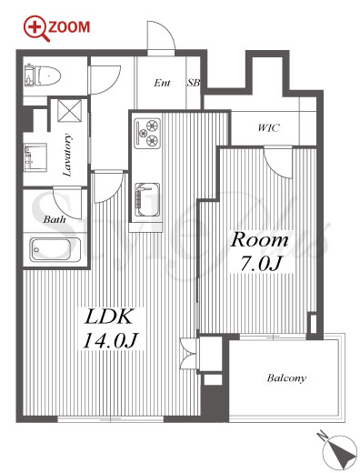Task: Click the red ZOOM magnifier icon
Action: [x=36, y=28]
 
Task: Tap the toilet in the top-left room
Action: [x=44, y=75]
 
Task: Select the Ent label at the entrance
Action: [x=162, y=83]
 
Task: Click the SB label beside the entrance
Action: [x=194, y=83]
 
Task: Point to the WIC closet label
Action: [x=268, y=128]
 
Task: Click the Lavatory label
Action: [x=67, y=155]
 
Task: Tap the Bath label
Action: [x=55, y=219]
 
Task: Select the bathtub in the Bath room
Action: [x=55, y=249]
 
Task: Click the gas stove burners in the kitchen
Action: [x=147, y=133]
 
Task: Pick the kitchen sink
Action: [x=147, y=199]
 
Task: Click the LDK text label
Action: [x=109, y=317]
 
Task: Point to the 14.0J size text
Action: [x=111, y=340]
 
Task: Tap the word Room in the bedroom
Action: [x=259, y=240]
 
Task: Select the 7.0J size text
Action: [x=261, y=263]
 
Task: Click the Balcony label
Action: [x=286, y=378]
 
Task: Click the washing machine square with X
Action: [x=70, y=110]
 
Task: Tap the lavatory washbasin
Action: [x=35, y=156]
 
